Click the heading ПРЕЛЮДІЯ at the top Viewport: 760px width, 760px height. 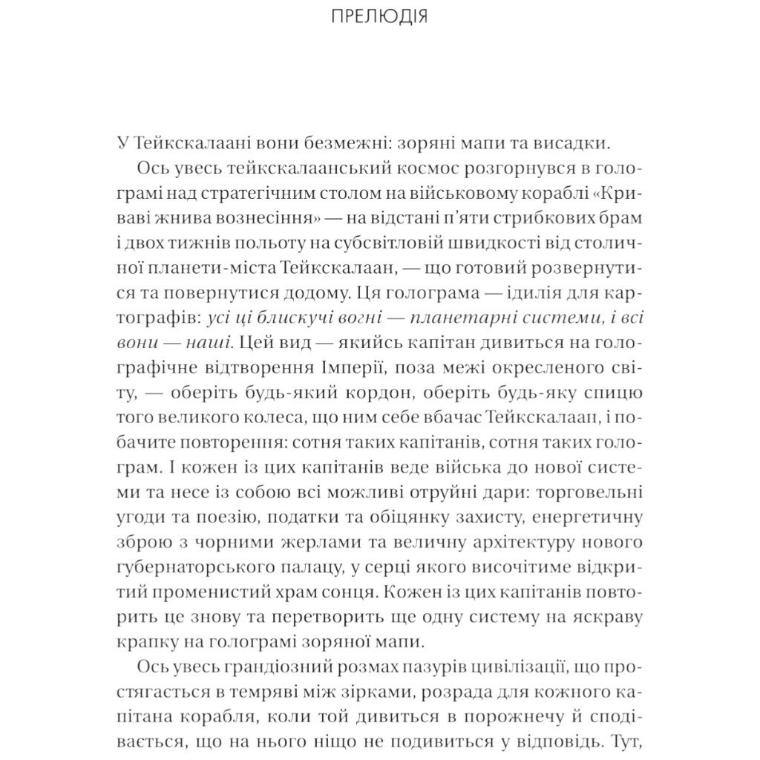tap(379, 16)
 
